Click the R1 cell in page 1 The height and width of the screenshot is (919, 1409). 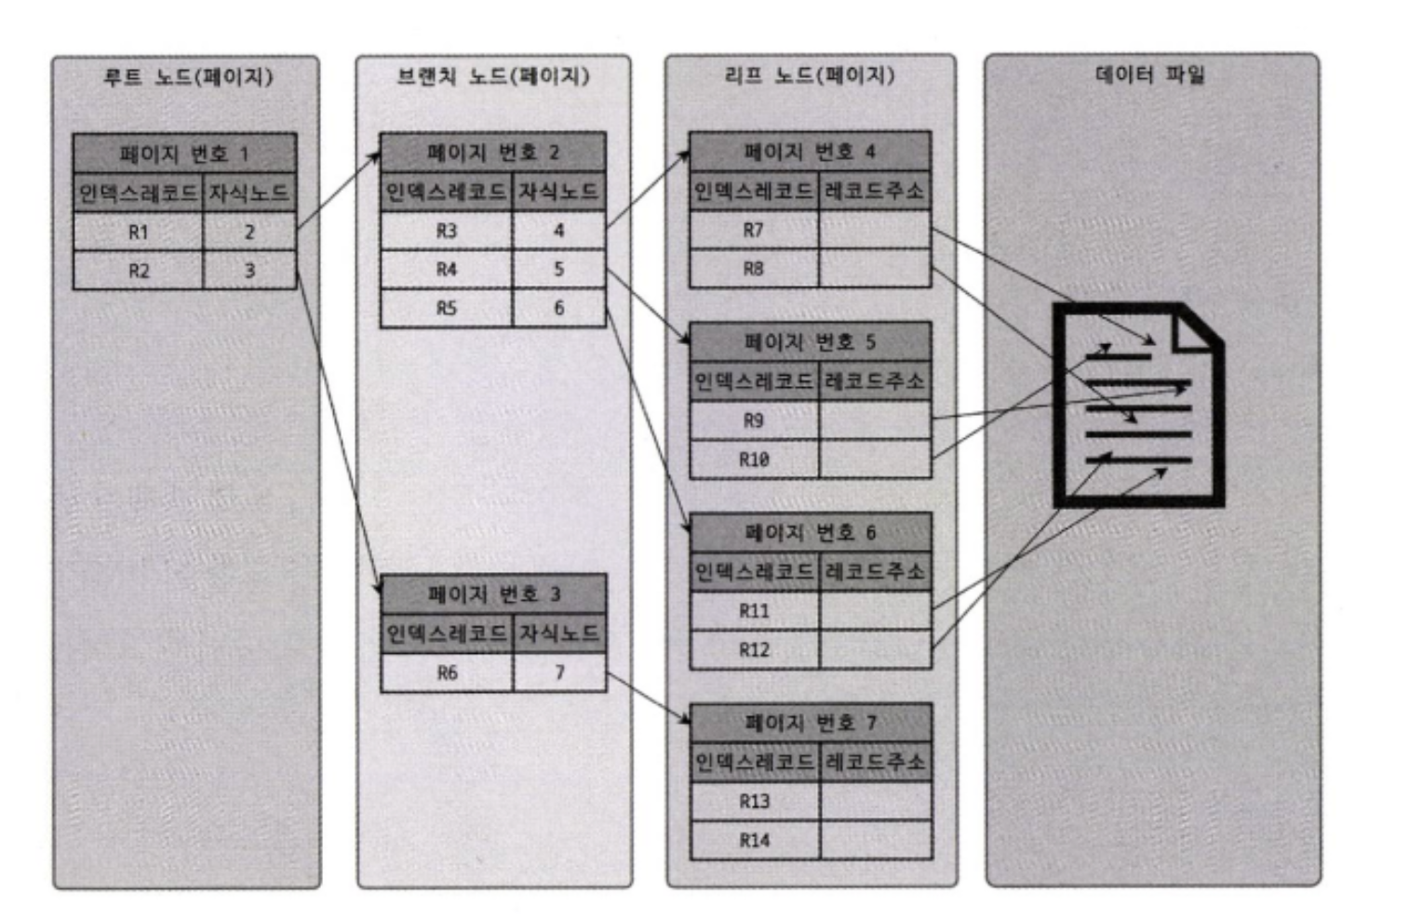tap(138, 232)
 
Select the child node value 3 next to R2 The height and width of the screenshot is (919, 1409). tap(249, 271)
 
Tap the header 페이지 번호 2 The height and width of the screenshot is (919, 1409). tap(492, 153)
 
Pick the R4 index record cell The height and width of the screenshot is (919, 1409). tap(447, 270)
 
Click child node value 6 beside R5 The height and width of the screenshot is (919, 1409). tap(558, 308)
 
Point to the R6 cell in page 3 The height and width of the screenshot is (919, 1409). tap(447, 673)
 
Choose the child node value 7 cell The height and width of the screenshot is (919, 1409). tap(559, 673)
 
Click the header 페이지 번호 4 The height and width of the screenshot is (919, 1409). tap(809, 152)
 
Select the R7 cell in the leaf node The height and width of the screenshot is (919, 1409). tap(754, 230)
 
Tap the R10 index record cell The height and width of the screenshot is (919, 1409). tap(754, 459)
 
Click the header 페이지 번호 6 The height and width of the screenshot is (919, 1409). tap(810, 532)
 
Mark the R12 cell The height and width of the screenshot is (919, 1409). tap(754, 649)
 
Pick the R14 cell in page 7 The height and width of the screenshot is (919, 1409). tap(754, 840)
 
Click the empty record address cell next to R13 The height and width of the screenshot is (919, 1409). tap(875, 801)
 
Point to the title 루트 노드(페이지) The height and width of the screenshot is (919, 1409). tap(187, 76)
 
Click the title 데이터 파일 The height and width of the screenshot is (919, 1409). tap(1150, 74)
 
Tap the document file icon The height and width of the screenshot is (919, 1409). tap(1137, 406)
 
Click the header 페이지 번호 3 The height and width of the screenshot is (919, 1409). tap(493, 593)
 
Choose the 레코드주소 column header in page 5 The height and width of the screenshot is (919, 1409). tap(875, 381)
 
